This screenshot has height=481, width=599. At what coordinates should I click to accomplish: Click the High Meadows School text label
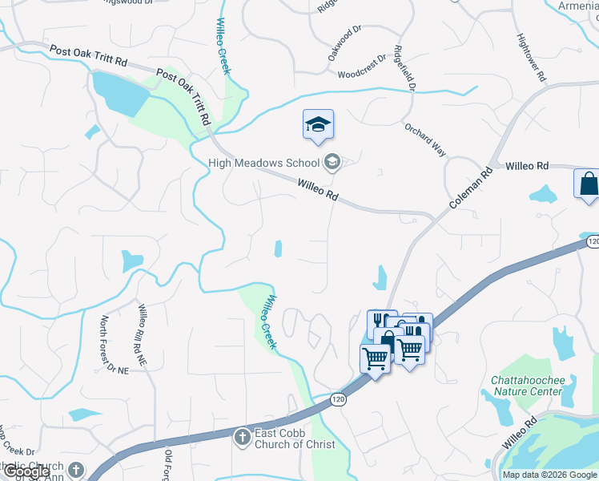click(x=263, y=163)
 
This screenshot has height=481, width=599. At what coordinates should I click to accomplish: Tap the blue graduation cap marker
click(x=318, y=125)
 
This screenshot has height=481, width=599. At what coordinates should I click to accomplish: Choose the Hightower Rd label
click(x=530, y=58)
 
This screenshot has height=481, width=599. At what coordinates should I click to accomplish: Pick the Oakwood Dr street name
click(x=345, y=47)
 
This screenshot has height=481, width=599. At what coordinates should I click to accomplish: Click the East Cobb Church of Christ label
click(x=294, y=439)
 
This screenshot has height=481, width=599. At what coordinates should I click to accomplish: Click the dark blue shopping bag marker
click(x=588, y=184)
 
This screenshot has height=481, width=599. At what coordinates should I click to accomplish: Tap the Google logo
click(x=26, y=471)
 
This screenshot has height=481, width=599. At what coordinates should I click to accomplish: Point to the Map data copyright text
click(x=550, y=475)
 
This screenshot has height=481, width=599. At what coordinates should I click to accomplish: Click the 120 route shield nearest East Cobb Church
click(x=337, y=399)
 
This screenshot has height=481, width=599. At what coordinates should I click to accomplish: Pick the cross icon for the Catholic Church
click(x=76, y=470)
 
